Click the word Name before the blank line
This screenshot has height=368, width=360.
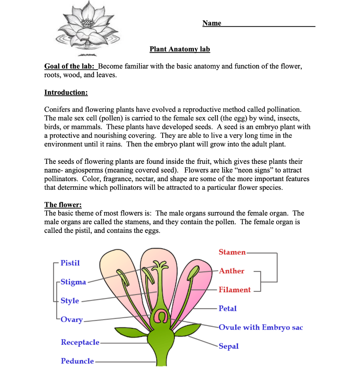point(212,23)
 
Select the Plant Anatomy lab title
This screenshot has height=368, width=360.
point(180,49)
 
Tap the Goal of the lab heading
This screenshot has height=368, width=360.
point(70,66)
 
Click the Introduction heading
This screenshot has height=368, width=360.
point(66,92)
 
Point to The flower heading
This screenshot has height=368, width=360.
point(63,205)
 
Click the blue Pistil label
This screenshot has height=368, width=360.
point(70,263)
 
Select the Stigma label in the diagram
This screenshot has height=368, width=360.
point(73,282)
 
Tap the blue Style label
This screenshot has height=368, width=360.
point(70,301)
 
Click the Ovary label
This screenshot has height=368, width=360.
point(72,319)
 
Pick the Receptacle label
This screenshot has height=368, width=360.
point(80,342)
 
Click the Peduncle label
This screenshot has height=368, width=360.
point(77,361)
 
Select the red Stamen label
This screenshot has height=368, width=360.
point(232,252)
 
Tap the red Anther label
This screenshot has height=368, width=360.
point(232,271)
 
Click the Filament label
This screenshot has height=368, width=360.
point(234,290)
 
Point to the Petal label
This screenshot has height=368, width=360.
point(228,308)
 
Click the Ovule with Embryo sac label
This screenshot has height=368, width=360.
point(261,327)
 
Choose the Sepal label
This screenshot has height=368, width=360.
point(229,346)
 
